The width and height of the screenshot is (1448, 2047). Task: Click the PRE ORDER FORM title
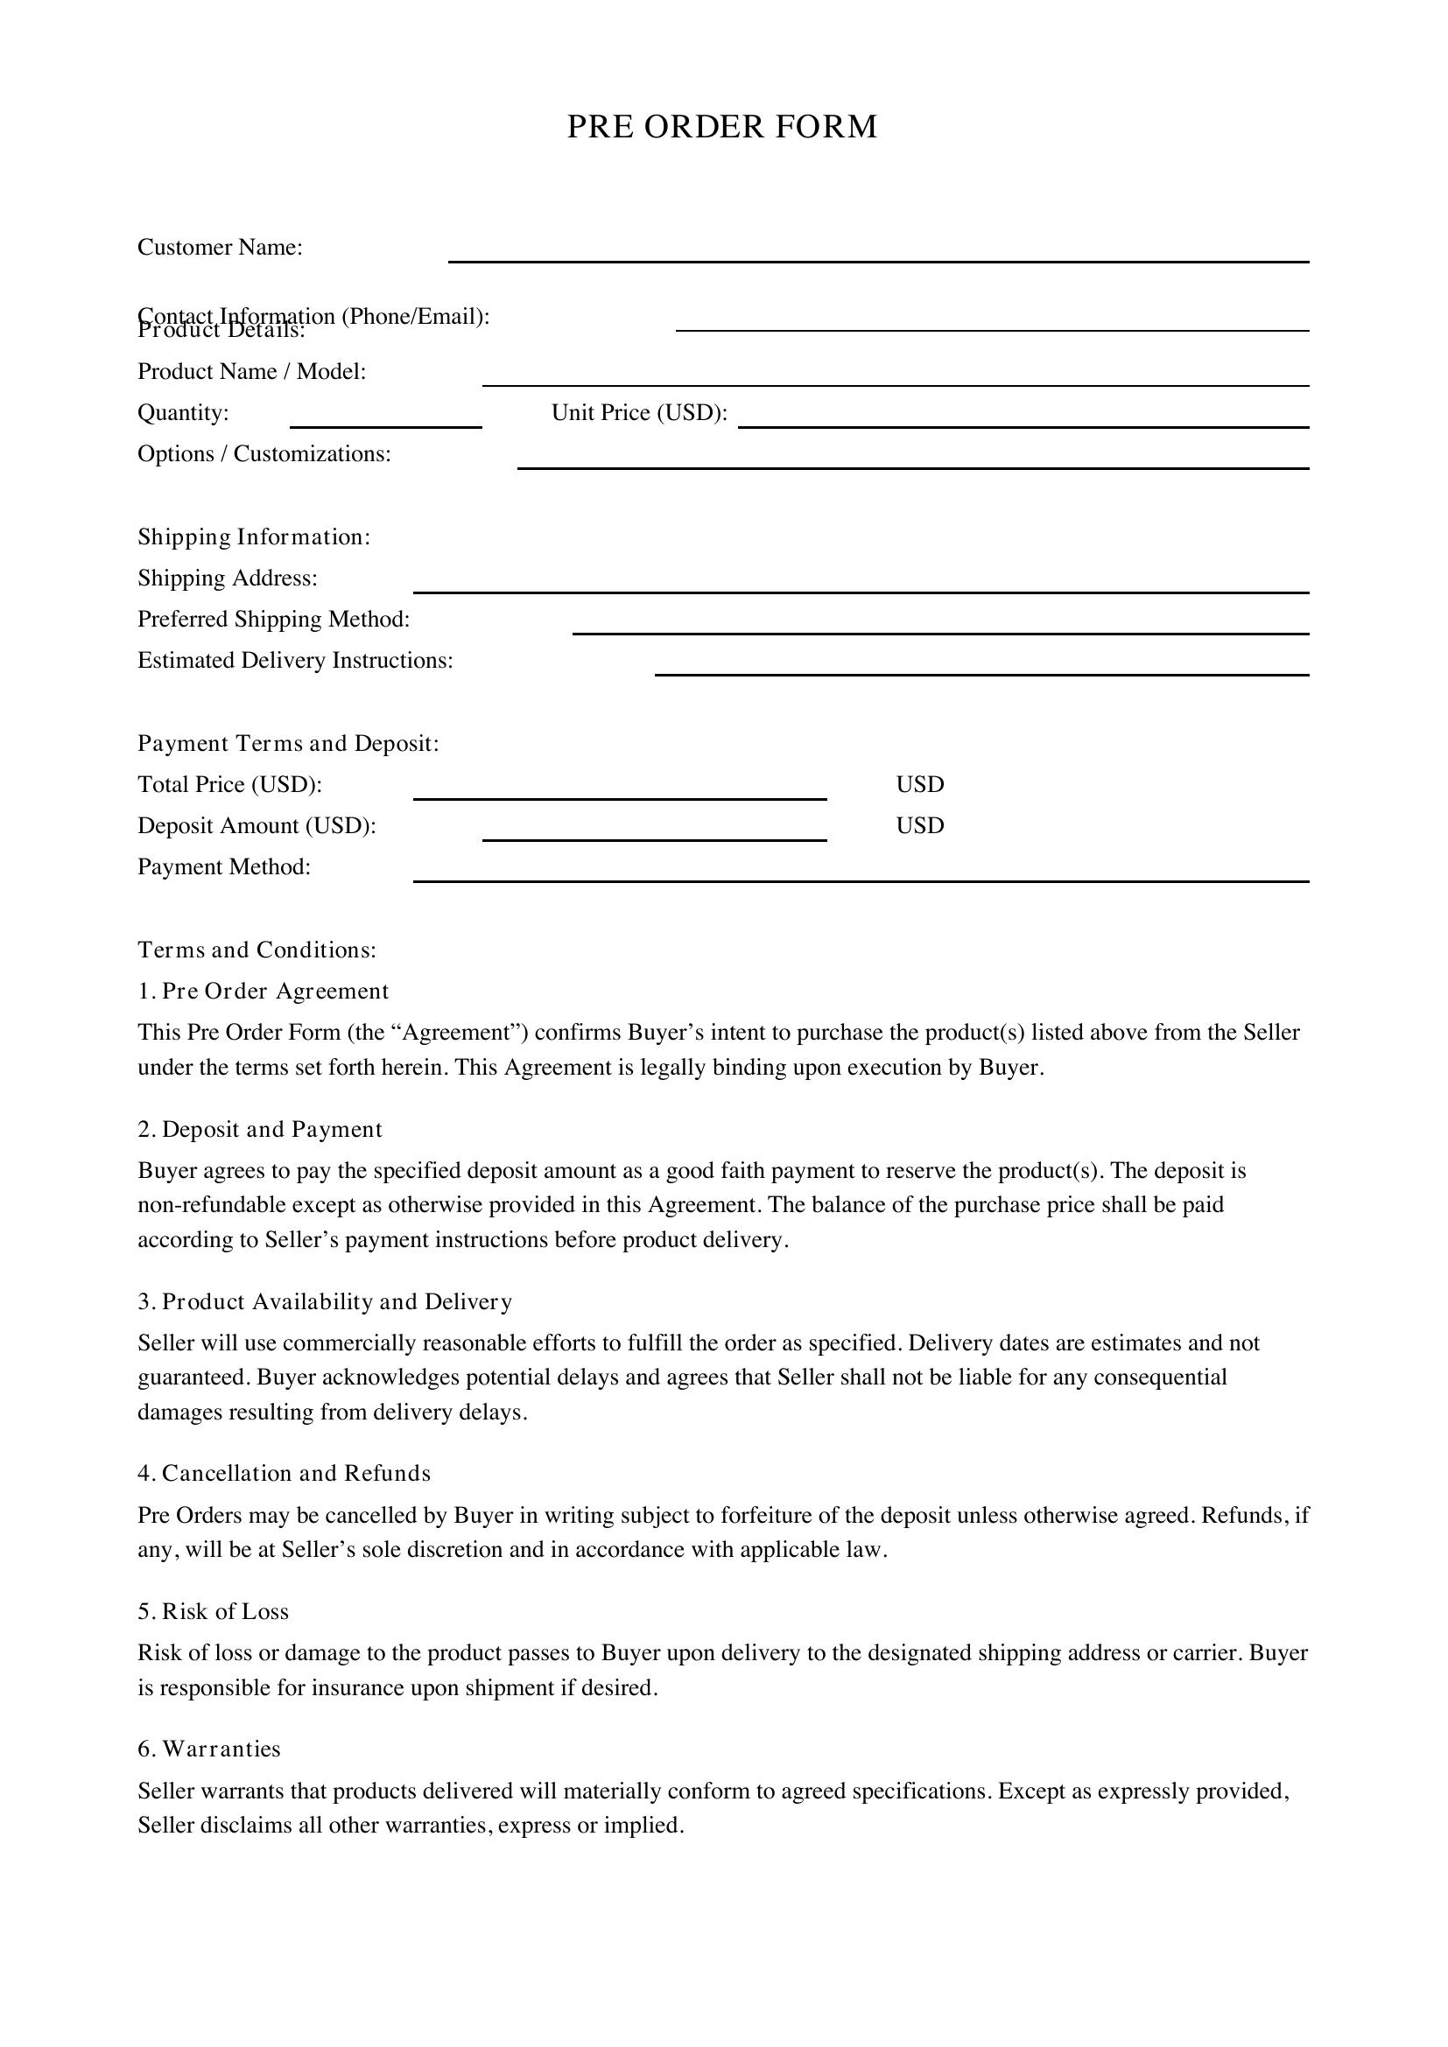point(722,127)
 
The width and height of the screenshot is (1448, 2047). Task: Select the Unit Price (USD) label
point(639,413)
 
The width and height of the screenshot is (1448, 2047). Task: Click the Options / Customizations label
point(264,454)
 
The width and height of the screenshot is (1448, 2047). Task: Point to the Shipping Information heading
point(253,536)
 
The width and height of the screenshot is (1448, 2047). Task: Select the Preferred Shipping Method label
point(274,619)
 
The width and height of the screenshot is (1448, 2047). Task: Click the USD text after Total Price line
point(919,784)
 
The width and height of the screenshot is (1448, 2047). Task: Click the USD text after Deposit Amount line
point(919,825)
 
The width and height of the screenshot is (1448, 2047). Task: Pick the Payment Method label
point(224,866)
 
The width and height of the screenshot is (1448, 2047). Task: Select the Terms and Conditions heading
point(257,950)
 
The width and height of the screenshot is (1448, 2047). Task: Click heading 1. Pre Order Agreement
point(263,992)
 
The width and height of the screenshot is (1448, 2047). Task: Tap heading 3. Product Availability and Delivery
point(325,1301)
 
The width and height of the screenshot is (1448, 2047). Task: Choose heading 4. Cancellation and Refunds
point(284,1474)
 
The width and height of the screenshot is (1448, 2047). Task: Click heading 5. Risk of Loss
point(213,1611)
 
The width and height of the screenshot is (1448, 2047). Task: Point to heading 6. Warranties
point(208,1749)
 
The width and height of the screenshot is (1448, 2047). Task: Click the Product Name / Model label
point(251,372)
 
